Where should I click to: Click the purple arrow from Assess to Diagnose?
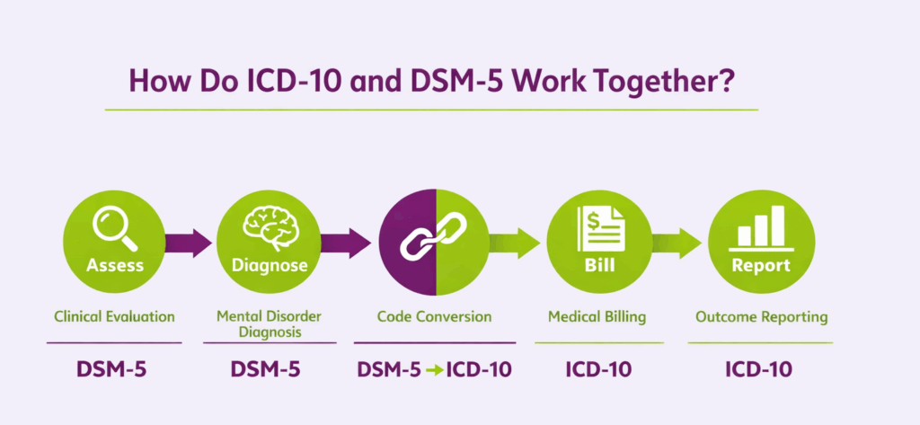click(x=188, y=243)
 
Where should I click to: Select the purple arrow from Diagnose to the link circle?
click(x=345, y=243)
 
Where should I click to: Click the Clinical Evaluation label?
click(x=114, y=316)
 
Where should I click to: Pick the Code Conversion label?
click(x=434, y=316)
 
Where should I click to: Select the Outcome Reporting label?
click(x=762, y=316)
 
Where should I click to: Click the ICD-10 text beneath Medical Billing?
click(x=598, y=368)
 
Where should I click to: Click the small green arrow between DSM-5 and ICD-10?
click(x=435, y=369)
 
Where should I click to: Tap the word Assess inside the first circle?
click(x=114, y=266)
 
